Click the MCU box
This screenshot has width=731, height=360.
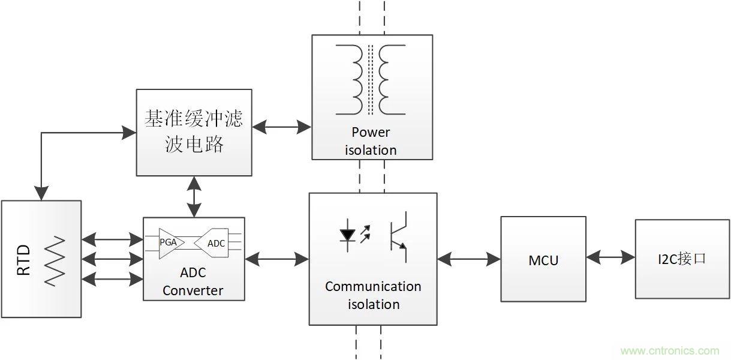click(x=543, y=259)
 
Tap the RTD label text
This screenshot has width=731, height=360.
click(x=23, y=259)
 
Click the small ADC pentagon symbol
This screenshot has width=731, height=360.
click(x=214, y=243)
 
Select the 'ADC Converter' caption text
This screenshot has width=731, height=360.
click(x=193, y=281)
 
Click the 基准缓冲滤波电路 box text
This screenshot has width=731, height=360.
click(x=194, y=131)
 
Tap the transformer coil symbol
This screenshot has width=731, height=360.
click(x=371, y=79)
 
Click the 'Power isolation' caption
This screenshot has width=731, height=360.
click(x=371, y=141)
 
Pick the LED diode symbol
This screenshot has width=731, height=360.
click(x=347, y=235)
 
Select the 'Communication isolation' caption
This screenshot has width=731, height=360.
click(x=373, y=295)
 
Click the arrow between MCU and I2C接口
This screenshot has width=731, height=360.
click(x=610, y=257)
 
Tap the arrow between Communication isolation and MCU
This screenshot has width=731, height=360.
click(x=468, y=259)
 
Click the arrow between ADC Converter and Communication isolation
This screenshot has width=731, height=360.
click(x=276, y=259)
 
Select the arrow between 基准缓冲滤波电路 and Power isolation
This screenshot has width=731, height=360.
click(x=281, y=127)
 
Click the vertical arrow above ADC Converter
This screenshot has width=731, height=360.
click(x=194, y=196)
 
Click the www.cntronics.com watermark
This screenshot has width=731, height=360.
click(x=669, y=351)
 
